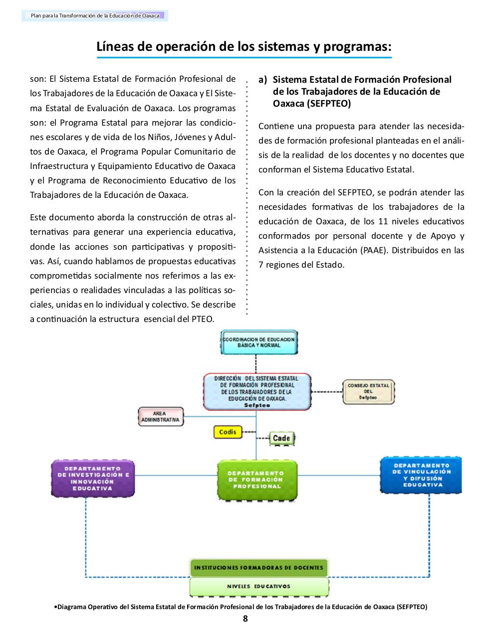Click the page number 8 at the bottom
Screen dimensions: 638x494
point(245,619)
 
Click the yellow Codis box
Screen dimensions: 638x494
point(228,432)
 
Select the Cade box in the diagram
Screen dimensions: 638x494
point(281,438)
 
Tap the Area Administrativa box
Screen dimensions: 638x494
point(160,417)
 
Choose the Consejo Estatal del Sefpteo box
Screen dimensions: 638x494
point(368,392)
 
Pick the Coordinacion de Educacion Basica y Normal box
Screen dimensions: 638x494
point(258,342)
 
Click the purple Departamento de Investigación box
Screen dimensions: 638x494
point(93,478)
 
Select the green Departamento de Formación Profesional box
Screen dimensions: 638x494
point(257,479)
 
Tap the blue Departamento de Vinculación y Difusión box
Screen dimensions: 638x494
point(422,475)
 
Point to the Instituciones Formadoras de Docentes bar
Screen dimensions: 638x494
point(258,568)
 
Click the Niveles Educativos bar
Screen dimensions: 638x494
point(258,587)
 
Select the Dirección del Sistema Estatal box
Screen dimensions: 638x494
point(257,392)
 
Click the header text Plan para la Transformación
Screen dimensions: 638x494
point(95,16)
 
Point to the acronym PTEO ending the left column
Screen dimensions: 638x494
point(203,319)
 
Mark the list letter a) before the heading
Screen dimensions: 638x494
point(263,80)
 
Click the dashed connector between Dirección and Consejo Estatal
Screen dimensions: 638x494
point(327,392)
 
